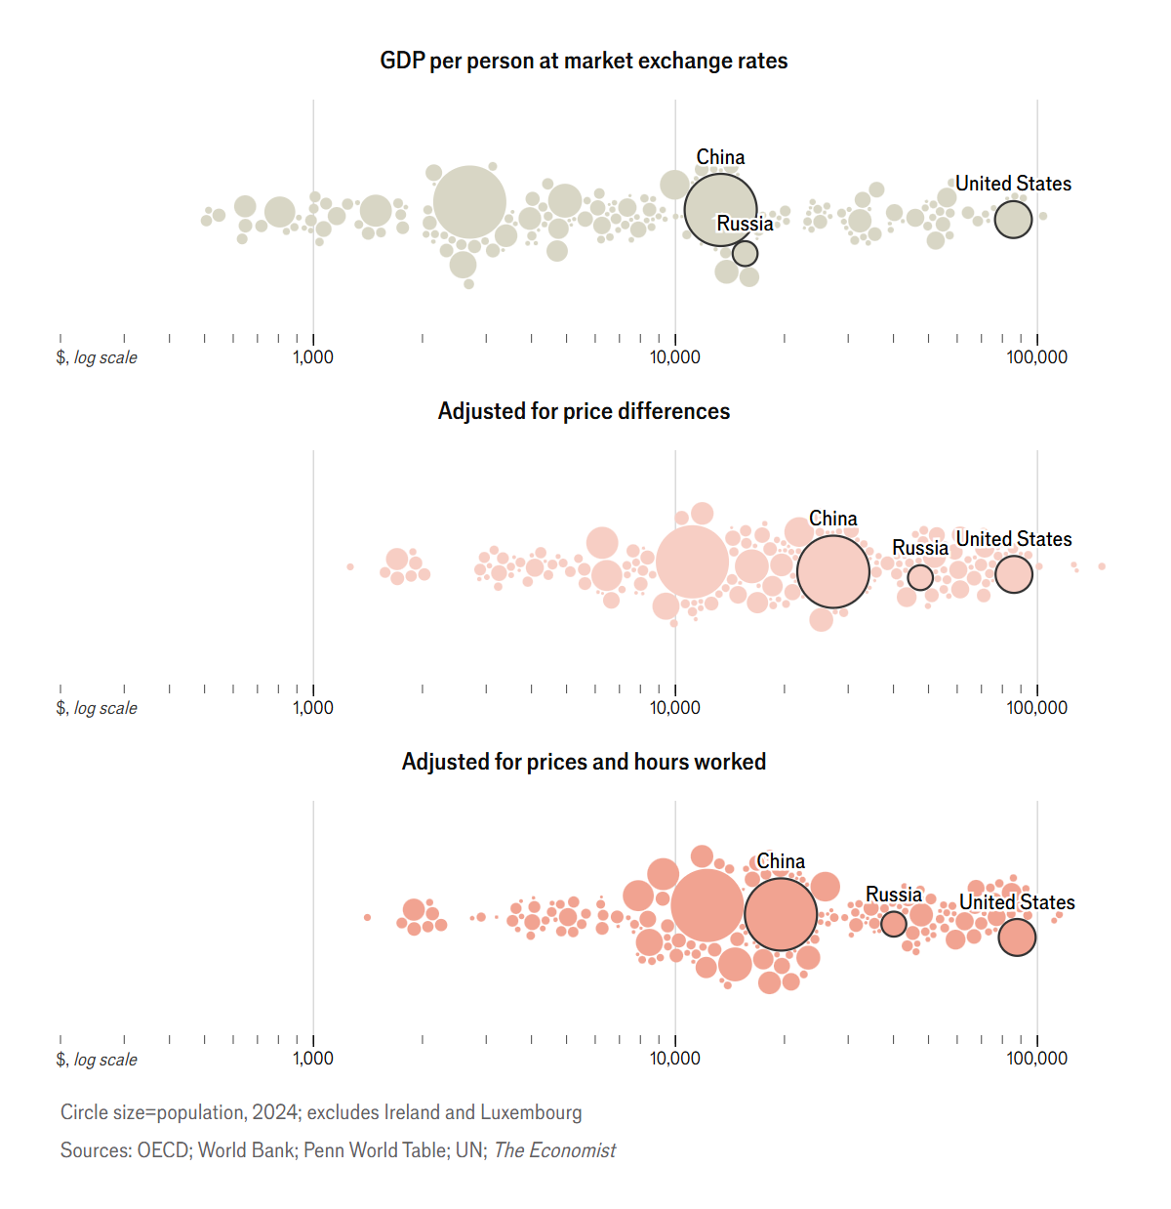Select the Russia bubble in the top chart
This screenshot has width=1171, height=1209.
point(745,254)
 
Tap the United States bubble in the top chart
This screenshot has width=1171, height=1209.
point(1013,220)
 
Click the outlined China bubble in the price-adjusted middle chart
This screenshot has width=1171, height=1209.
point(832,571)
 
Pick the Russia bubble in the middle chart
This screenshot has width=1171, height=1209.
point(920,577)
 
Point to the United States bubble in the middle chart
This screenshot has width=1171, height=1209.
point(1013,574)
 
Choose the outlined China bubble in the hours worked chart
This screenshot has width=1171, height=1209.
point(780,914)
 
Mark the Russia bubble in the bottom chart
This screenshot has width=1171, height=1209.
point(893,923)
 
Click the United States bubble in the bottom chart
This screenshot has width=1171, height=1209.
point(1017,938)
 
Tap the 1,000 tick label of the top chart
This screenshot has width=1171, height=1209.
point(313,357)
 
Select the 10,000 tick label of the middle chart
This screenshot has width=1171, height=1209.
point(675,708)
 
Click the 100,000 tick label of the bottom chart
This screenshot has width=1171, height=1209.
point(1037,1059)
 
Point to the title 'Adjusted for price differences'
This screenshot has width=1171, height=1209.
point(584,411)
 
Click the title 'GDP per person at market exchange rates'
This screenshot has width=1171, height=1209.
point(584,61)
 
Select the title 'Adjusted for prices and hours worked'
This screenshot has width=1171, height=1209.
point(584,762)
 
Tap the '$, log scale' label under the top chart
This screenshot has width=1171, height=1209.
point(97,357)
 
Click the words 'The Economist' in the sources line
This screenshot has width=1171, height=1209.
point(554,1150)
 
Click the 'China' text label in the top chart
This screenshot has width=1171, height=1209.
point(720,157)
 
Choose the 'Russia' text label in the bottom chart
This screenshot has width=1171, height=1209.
point(893,895)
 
